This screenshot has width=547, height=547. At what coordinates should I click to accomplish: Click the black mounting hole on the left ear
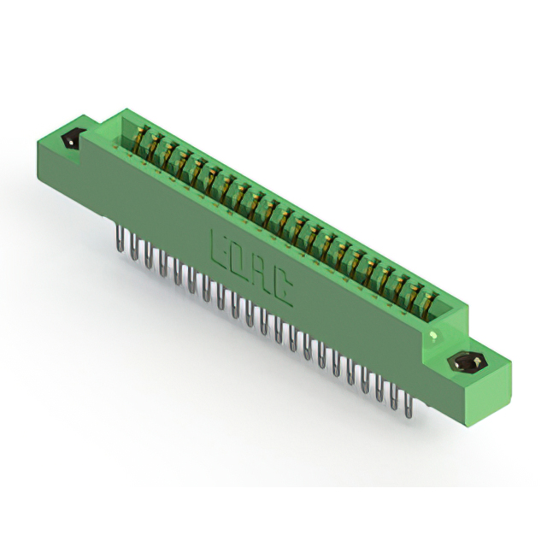73,138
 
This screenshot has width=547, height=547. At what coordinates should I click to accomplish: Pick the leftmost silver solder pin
121,238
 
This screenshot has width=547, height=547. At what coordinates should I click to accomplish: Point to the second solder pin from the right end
393,397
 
